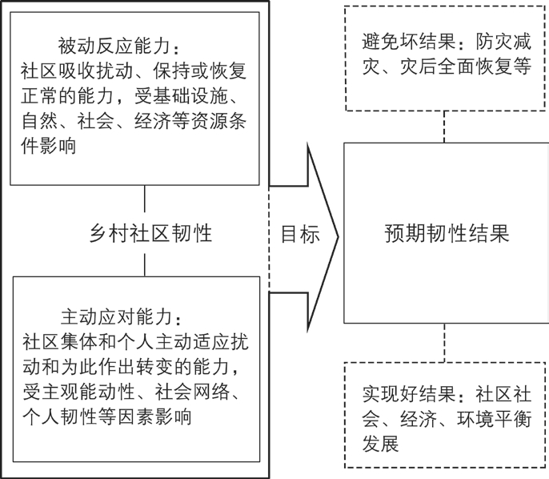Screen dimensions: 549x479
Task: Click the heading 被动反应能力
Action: tap(114, 46)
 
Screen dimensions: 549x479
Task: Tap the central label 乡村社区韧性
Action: tap(151, 233)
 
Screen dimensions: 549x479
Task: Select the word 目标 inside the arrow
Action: tap(300, 234)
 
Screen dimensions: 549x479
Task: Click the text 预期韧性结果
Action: tap(447, 233)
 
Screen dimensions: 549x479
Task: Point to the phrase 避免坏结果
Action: tap(409, 42)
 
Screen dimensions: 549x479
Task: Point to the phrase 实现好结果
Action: tap(409, 395)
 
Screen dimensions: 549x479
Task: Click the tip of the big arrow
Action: tap(339, 237)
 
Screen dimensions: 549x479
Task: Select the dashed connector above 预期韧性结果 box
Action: tap(444, 127)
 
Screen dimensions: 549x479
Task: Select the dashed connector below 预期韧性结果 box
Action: tap(445, 343)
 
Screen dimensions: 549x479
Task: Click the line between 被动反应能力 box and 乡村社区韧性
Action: tap(145, 199)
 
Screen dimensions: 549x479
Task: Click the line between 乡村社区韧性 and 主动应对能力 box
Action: tap(145, 265)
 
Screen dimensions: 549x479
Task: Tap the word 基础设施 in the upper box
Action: tap(190, 95)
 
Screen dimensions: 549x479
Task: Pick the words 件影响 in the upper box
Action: tap(48, 146)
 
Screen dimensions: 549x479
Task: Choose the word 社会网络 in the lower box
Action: tap(192, 392)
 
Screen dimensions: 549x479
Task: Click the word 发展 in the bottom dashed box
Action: tap(381, 444)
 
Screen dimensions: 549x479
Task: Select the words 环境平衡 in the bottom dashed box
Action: tap(494, 419)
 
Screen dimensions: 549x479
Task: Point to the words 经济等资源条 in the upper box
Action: tap(190, 121)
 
